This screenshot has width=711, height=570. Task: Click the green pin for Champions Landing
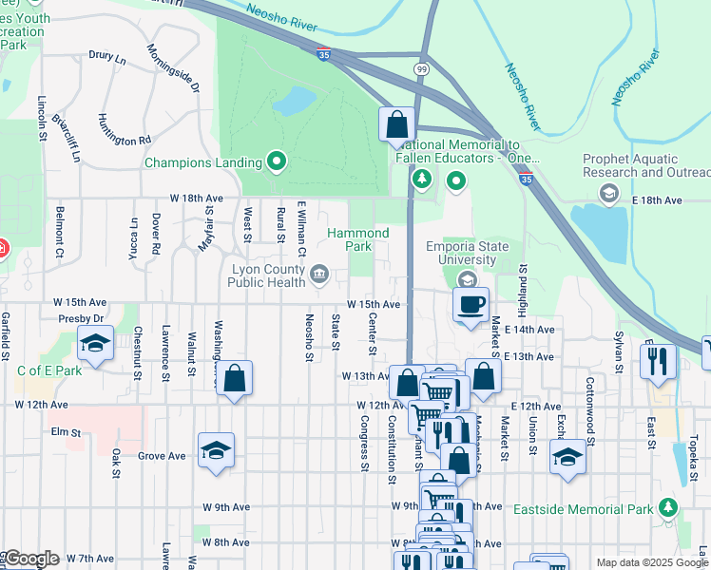277,162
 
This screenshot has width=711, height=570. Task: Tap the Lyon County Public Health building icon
318,275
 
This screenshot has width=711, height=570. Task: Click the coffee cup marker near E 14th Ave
471,305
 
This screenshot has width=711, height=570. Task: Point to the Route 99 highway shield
420,69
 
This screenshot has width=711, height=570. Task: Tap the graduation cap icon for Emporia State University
466,279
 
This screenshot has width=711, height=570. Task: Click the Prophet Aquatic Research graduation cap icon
608,193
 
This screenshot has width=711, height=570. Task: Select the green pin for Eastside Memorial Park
670,508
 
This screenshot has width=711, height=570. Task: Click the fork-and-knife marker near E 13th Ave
658,361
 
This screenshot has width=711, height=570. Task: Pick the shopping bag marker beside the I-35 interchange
396,124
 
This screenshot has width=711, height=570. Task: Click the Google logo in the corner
30,559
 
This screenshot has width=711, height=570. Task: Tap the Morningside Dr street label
173,67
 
